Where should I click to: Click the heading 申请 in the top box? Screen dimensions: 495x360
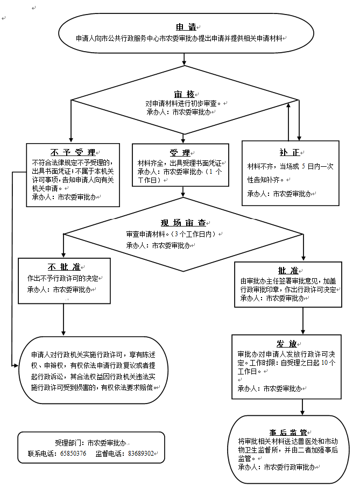185,27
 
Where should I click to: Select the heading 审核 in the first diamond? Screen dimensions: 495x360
184,94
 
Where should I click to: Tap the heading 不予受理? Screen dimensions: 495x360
73,152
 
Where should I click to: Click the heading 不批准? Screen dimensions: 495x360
64,267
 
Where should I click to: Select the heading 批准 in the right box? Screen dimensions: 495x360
288,270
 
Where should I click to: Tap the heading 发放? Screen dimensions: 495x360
286,344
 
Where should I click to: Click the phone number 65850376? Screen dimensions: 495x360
73,454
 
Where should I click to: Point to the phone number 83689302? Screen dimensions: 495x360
140,454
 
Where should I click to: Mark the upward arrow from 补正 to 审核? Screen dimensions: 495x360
289,121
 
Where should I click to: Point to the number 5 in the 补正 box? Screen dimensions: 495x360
303,167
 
